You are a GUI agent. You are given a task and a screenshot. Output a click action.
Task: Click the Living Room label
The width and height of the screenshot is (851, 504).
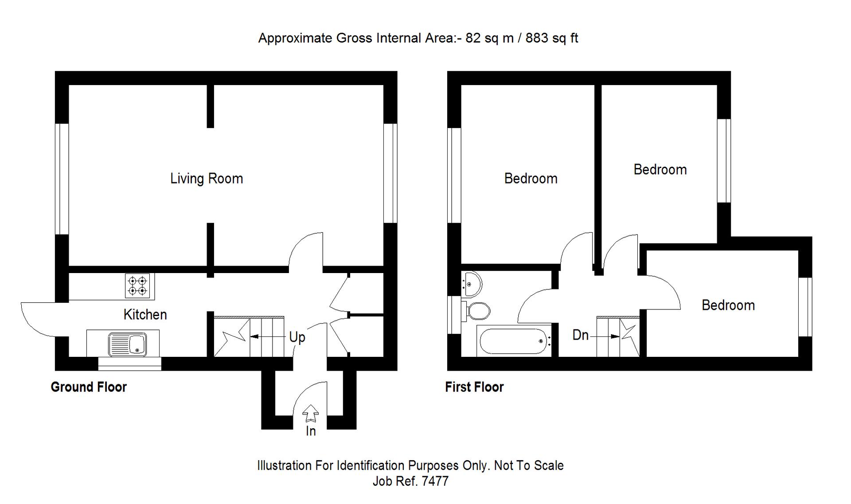[207, 179]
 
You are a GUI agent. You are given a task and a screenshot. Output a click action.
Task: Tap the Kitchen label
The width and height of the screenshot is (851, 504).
[145, 315]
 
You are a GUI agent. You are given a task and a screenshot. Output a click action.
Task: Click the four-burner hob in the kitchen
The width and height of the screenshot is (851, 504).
[137, 285]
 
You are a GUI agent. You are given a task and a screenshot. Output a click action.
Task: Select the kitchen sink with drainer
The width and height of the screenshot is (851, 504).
[127, 344]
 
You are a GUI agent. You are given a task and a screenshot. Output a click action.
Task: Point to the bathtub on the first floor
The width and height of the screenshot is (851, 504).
[514, 341]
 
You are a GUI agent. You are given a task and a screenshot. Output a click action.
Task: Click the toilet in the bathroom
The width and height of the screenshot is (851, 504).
[476, 311]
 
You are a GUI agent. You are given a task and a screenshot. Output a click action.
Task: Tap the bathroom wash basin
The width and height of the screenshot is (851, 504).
[471, 284]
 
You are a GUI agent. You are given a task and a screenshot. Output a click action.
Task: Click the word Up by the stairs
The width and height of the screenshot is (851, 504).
[297, 337]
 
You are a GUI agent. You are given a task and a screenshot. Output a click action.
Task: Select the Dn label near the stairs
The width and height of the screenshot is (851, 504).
[580, 335]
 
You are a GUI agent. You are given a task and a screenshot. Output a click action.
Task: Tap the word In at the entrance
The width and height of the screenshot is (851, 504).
[311, 431]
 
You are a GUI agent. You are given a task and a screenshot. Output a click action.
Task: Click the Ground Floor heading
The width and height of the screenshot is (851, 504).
[89, 387]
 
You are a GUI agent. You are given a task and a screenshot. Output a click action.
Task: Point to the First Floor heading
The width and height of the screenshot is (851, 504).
[474, 387]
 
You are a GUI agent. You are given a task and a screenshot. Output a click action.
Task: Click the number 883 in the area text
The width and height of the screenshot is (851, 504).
[537, 38]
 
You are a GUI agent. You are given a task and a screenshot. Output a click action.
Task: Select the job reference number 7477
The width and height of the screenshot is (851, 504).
[435, 481]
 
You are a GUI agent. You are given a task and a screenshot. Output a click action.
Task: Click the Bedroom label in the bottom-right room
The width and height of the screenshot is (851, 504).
[728, 305]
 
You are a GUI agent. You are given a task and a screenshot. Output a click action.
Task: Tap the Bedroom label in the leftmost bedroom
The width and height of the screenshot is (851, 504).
[531, 179]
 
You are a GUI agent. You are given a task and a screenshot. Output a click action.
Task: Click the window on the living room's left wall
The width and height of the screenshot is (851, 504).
[62, 179]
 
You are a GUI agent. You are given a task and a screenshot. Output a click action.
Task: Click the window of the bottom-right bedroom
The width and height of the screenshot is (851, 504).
[805, 307]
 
